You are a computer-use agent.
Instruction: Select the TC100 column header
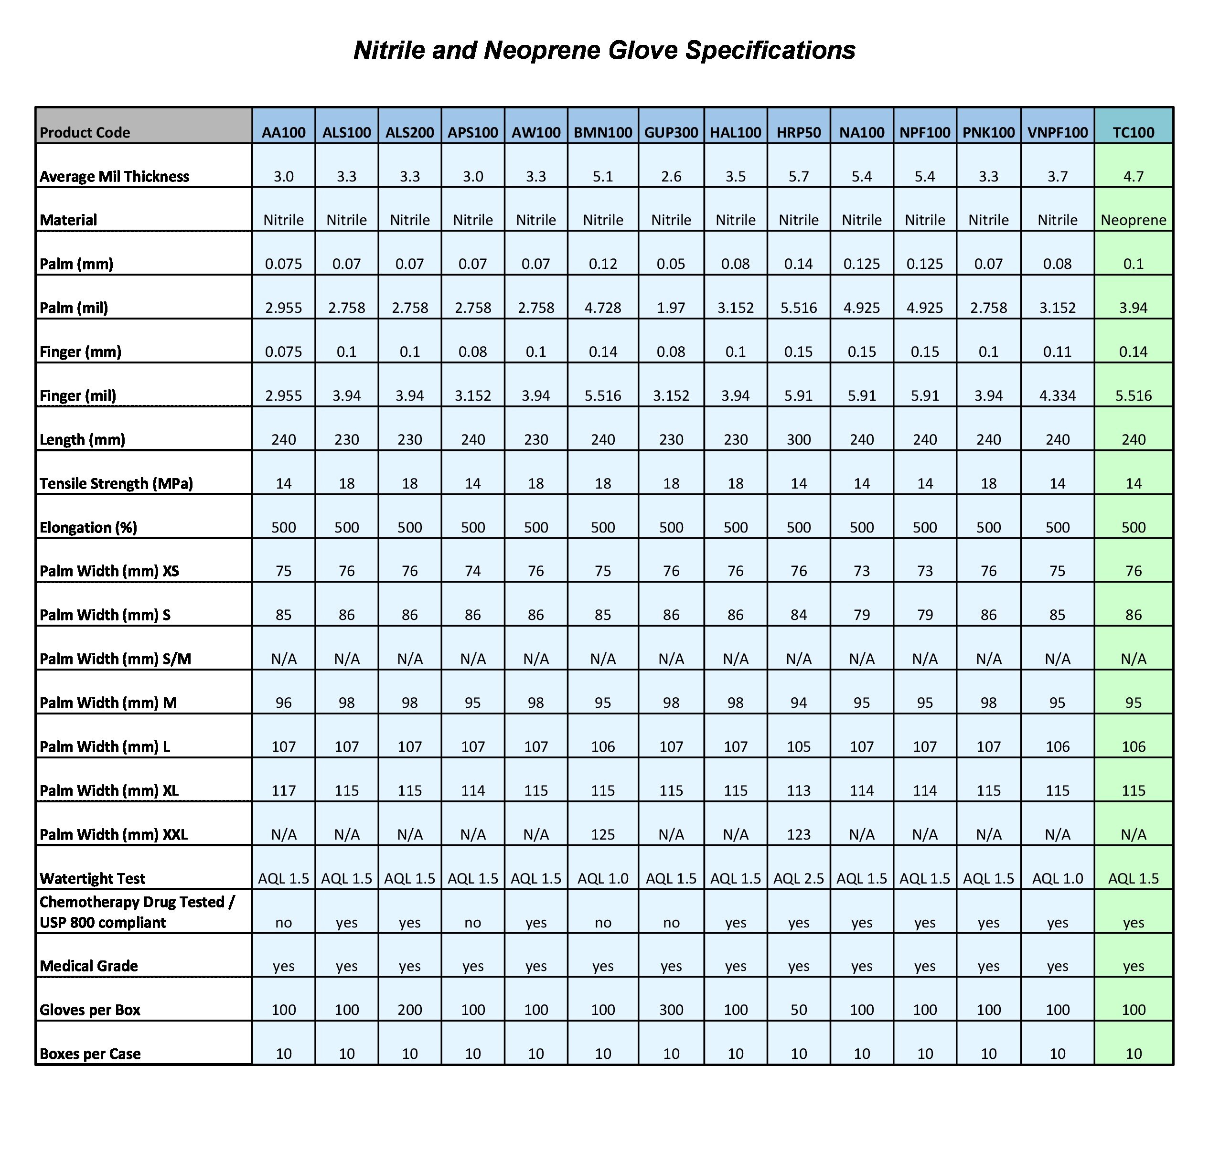1133,132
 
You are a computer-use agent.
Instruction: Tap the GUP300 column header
671,132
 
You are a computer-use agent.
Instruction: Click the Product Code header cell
85,132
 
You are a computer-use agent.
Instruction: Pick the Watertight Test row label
93,878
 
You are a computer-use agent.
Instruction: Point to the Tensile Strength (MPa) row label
116,484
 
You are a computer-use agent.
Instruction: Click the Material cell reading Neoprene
1133,220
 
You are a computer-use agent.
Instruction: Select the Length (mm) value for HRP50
798,440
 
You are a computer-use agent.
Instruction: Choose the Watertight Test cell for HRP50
798,878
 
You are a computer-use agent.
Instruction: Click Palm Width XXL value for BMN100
603,835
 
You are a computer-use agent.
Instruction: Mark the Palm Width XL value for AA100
283,791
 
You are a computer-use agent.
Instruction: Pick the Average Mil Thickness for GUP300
671,176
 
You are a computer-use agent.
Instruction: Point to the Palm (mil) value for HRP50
798,308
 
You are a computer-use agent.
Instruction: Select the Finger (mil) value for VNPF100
1057,396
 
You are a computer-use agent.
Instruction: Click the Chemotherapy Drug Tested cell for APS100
472,923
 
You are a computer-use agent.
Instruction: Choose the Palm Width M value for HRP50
798,703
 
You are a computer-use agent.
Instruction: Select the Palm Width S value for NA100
862,615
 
